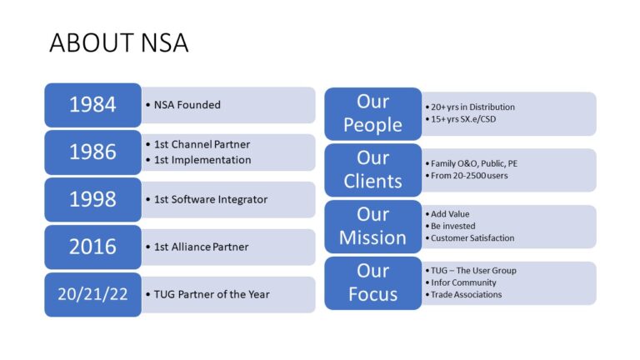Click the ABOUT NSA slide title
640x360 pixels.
tap(119, 42)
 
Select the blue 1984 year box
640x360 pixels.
tap(92, 105)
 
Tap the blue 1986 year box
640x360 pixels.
tap(92, 152)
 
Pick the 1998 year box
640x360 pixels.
tap(92, 200)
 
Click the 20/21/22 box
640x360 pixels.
tap(92, 294)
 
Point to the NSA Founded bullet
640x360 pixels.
tap(187, 105)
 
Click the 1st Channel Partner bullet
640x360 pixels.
tap(202, 144)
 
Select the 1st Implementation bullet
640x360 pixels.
tap(202, 159)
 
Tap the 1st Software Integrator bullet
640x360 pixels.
tap(211, 199)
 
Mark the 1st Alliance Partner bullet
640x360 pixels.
tap(201, 247)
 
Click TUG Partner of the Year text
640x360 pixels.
tap(212, 294)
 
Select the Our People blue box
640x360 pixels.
tap(372, 113)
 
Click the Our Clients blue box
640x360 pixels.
tap(372, 170)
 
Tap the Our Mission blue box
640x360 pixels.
tap(372, 226)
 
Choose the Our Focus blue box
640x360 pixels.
tap(372, 282)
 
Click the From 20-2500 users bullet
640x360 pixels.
tap(469, 176)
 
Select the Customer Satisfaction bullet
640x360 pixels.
tap(472, 238)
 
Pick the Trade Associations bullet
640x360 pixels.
tap(467, 294)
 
